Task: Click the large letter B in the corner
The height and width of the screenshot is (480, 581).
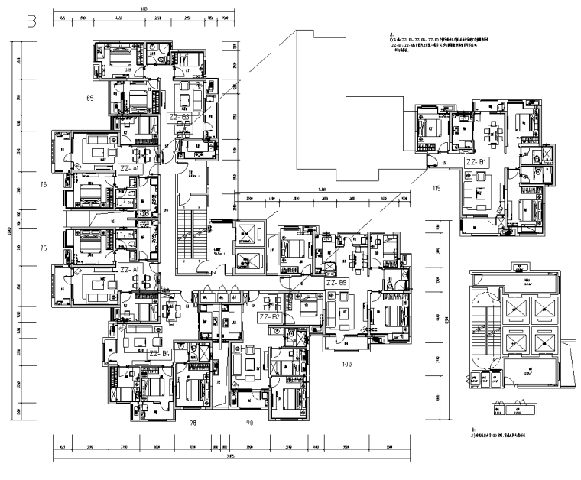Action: point(32,21)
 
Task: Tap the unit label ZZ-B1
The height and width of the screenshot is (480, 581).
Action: point(476,163)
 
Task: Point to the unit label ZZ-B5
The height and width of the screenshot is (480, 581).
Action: point(337,282)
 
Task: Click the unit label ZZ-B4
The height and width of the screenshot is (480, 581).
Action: point(160,354)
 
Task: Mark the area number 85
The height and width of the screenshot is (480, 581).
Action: point(89,98)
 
